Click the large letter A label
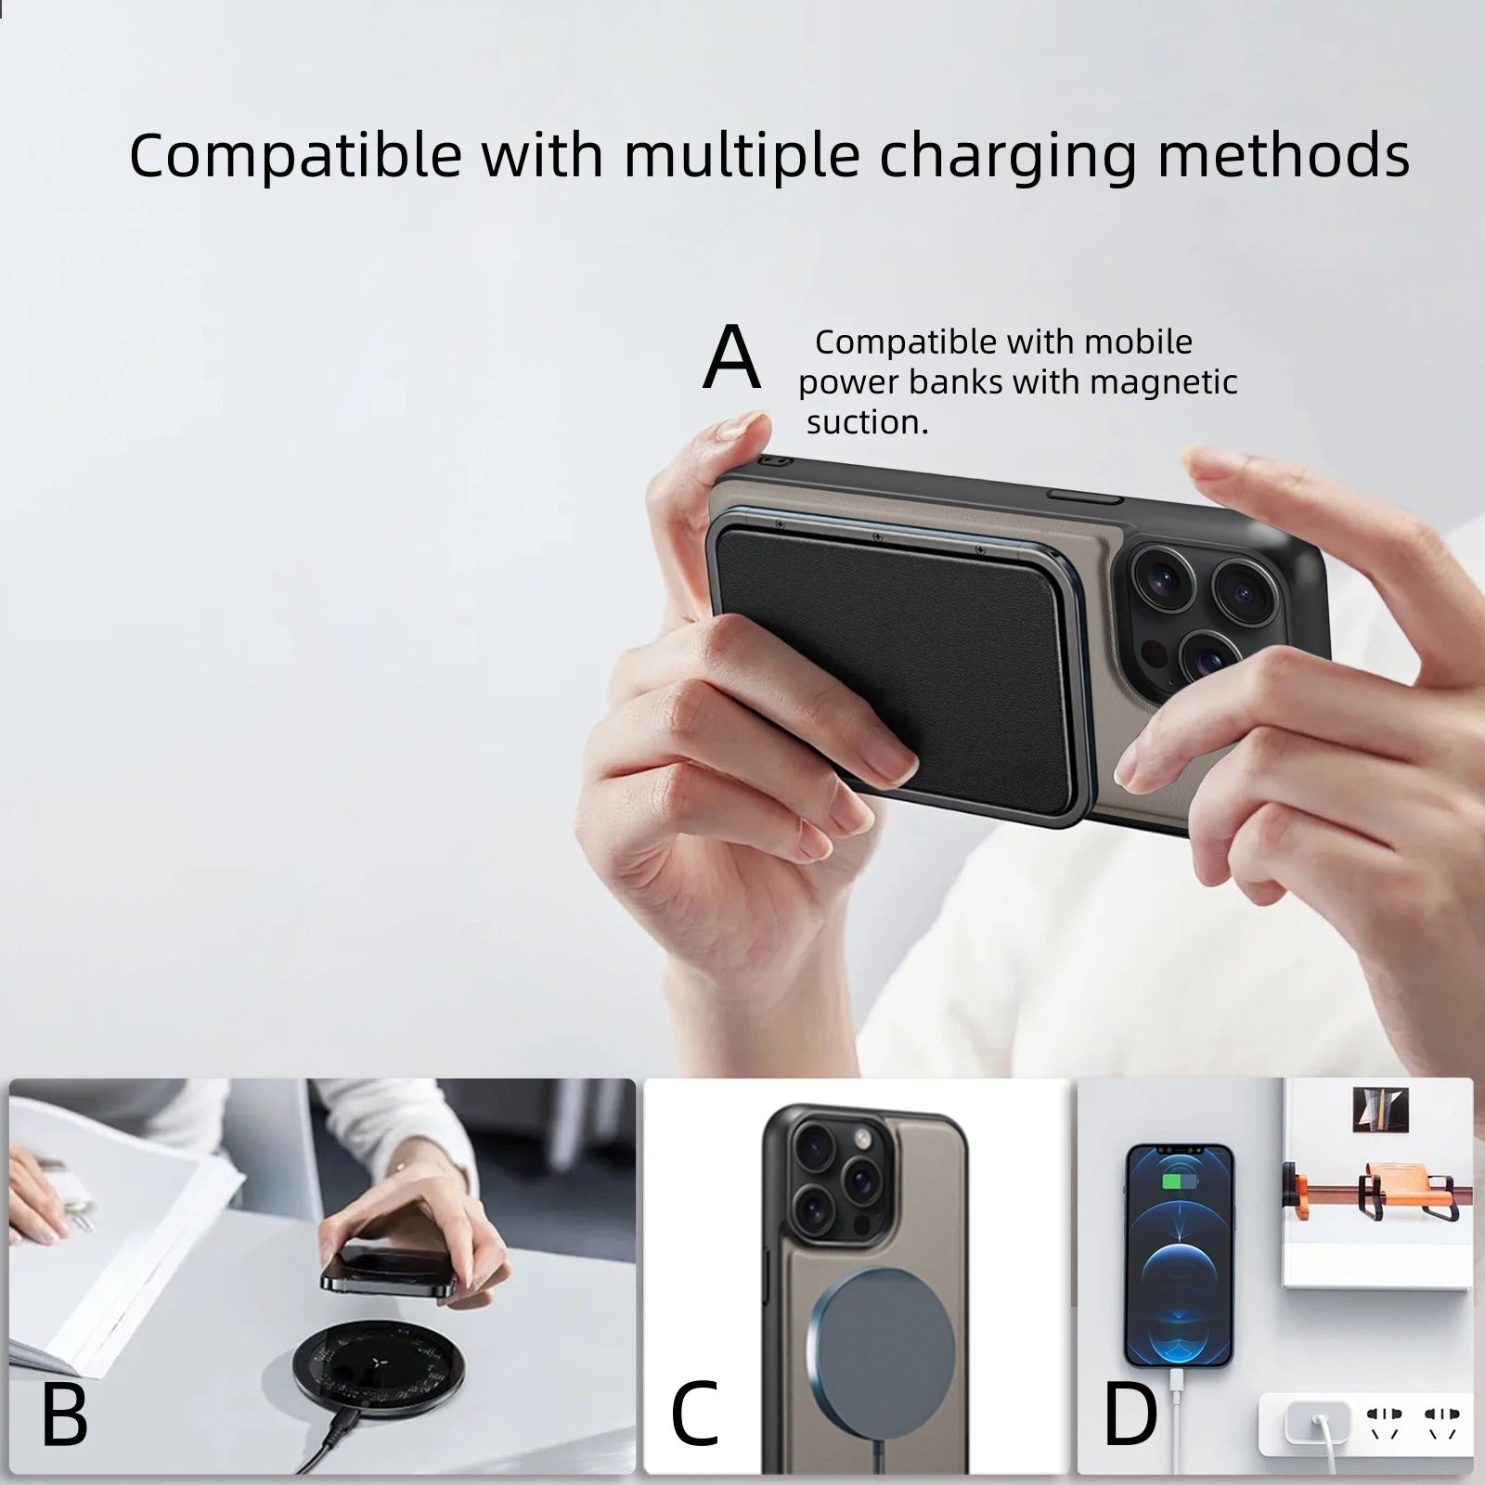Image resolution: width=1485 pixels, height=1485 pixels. point(732,357)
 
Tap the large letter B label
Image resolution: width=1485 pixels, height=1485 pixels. point(64,1414)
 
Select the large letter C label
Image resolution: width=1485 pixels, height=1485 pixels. point(694,1414)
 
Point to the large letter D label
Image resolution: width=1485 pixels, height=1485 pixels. point(1130,1414)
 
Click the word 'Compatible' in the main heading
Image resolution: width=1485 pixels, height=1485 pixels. point(295,155)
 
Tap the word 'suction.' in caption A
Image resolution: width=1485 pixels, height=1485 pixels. point(867,423)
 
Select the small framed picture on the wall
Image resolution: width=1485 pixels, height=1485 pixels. point(1380,1109)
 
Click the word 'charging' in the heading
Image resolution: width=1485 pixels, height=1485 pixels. point(1007,155)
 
